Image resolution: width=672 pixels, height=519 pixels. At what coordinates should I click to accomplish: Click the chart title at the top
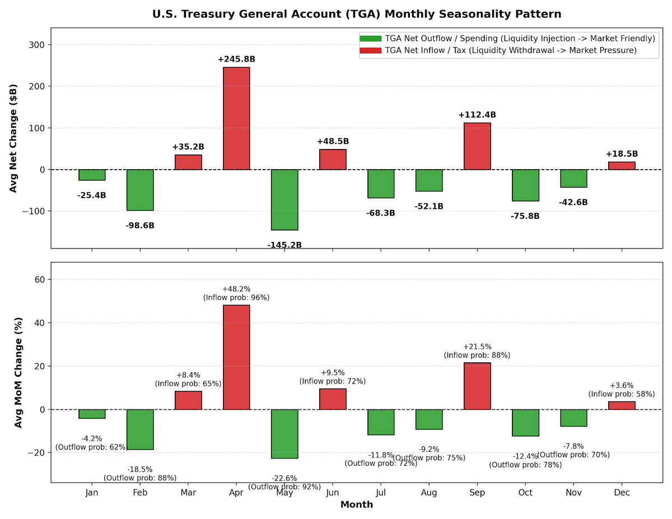point(357,14)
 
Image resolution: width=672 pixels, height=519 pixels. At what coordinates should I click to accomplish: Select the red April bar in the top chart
point(236,118)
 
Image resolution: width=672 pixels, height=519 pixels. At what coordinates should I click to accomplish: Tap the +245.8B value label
point(236,59)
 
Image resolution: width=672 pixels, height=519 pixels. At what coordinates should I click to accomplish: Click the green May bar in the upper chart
point(284,200)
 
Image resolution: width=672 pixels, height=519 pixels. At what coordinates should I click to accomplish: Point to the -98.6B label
point(140,225)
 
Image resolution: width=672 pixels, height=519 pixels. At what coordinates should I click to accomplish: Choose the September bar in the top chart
point(477,146)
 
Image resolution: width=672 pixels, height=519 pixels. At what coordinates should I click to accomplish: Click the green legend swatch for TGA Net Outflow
point(370,39)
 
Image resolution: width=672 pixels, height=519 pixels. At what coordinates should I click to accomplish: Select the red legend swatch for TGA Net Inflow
point(370,50)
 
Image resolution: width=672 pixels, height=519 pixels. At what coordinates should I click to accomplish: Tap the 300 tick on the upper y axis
point(37,45)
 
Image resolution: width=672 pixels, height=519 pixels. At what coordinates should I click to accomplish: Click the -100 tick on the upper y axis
point(34,211)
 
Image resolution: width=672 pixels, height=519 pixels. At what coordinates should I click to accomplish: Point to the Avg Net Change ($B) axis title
point(13,138)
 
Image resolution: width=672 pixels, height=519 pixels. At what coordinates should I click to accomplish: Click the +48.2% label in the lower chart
point(236,289)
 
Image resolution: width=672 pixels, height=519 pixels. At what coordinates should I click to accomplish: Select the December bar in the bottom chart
point(622,405)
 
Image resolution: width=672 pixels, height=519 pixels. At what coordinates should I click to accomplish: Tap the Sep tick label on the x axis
point(477,493)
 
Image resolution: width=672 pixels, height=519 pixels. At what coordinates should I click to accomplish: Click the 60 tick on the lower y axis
point(40,279)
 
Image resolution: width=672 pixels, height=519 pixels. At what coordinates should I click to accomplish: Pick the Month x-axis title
point(357,504)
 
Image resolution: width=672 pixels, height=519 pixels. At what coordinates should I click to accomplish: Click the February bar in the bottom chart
point(140,429)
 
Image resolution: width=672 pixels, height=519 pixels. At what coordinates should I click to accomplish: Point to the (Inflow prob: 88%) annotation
point(477,355)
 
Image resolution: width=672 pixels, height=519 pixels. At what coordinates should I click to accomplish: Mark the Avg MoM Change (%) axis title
point(18,372)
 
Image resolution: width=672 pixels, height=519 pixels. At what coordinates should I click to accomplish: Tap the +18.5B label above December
point(622,154)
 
